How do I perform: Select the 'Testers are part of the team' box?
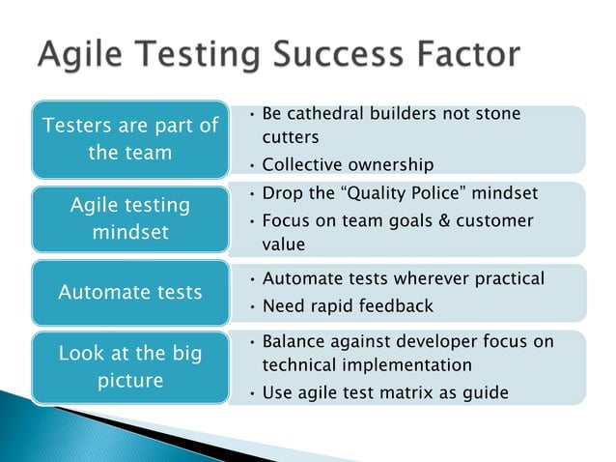pyautogui.click(x=130, y=139)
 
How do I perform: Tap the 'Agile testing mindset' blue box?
pyautogui.click(x=130, y=218)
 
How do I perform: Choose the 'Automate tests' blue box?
pyautogui.click(x=130, y=291)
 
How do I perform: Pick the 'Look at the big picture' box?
pyautogui.click(x=130, y=366)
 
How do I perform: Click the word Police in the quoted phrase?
pyautogui.click(x=435, y=193)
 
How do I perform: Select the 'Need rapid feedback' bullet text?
pyautogui.click(x=348, y=305)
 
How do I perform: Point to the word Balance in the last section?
pyautogui.click(x=295, y=341)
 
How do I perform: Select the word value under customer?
pyautogui.click(x=284, y=245)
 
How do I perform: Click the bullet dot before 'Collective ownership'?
pyautogui.click(x=252, y=164)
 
